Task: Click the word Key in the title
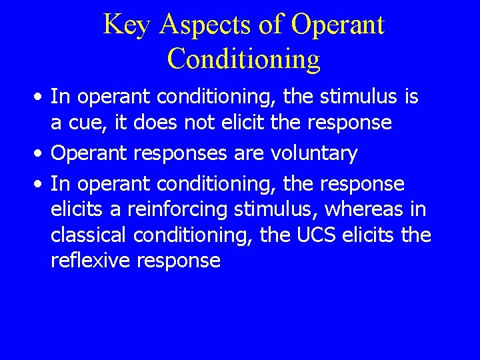(x=127, y=25)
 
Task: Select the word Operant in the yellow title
(x=338, y=25)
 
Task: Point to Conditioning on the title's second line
(x=243, y=59)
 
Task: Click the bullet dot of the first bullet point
(x=41, y=98)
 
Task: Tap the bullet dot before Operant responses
(x=41, y=154)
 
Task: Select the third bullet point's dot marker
(x=41, y=183)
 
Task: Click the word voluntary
(x=314, y=154)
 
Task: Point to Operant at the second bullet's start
(x=89, y=154)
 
